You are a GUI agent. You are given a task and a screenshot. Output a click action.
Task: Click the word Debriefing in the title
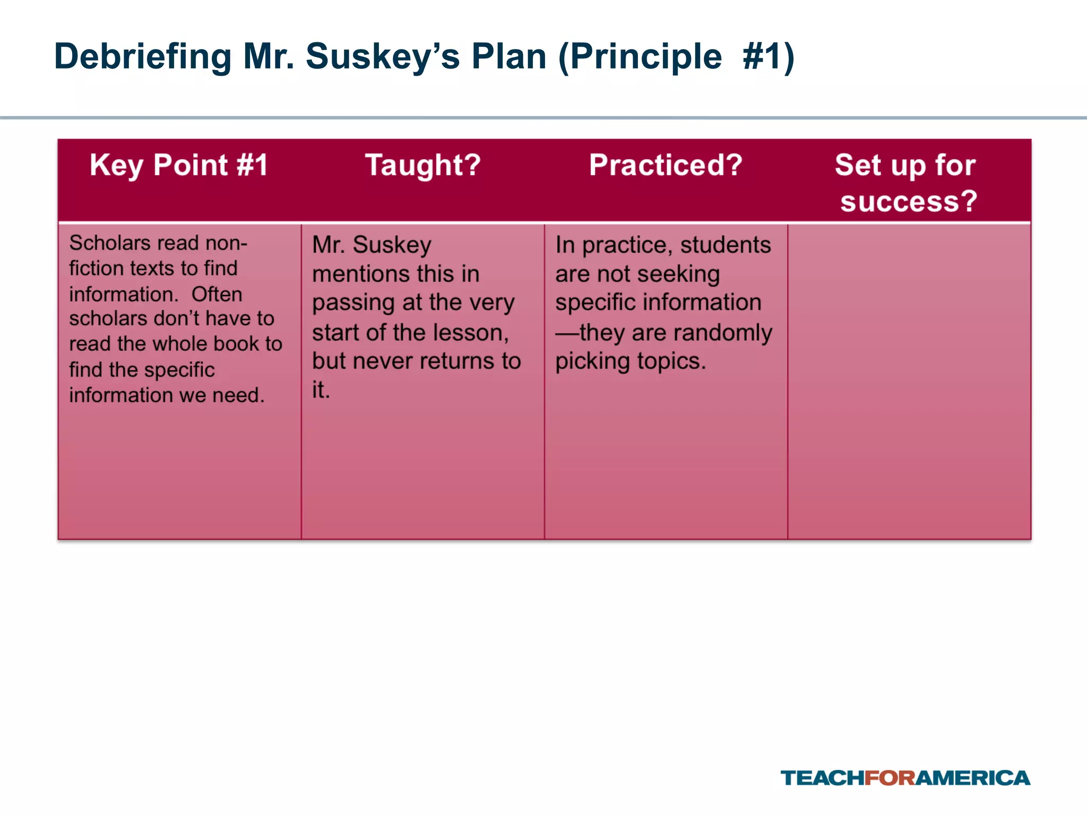(143, 57)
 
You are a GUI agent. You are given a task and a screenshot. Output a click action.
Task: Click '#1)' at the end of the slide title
(769, 57)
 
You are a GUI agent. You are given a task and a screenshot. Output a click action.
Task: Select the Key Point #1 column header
(179, 165)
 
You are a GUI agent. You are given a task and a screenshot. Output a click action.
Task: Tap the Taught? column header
(423, 165)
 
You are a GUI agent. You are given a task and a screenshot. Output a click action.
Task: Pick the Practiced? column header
(666, 165)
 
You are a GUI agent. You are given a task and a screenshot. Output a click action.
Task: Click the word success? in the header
(909, 202)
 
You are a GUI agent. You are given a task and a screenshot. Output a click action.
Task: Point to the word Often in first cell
(217, 294)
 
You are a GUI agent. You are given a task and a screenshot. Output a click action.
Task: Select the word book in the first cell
(237, 344)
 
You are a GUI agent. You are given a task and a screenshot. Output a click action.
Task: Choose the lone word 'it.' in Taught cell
(321, 391)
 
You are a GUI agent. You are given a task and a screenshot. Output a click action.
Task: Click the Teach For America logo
(905, 778)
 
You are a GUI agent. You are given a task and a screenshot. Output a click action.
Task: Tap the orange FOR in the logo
(890, 778)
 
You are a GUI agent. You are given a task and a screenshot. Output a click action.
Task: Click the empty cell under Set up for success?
(909, 381)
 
